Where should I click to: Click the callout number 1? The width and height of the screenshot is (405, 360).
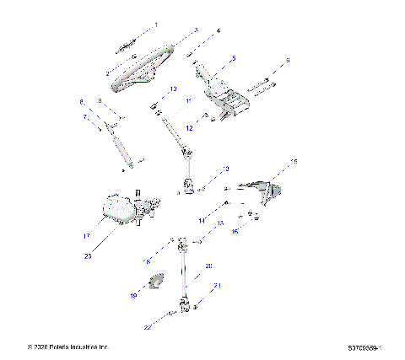coord(155,25)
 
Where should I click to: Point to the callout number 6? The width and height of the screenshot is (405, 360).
coord(288,61)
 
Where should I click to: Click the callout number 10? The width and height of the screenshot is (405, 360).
coord(172,89)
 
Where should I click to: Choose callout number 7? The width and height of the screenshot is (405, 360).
coord(84,118)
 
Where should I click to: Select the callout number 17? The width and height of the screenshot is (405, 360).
coord(87,236)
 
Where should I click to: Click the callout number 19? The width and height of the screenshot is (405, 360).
coord(132,296)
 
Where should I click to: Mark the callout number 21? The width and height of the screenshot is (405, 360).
coord(217,286)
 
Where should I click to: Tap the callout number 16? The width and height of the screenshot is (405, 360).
coord(235,230)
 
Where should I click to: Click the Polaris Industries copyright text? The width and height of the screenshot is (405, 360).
coord(68,347)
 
